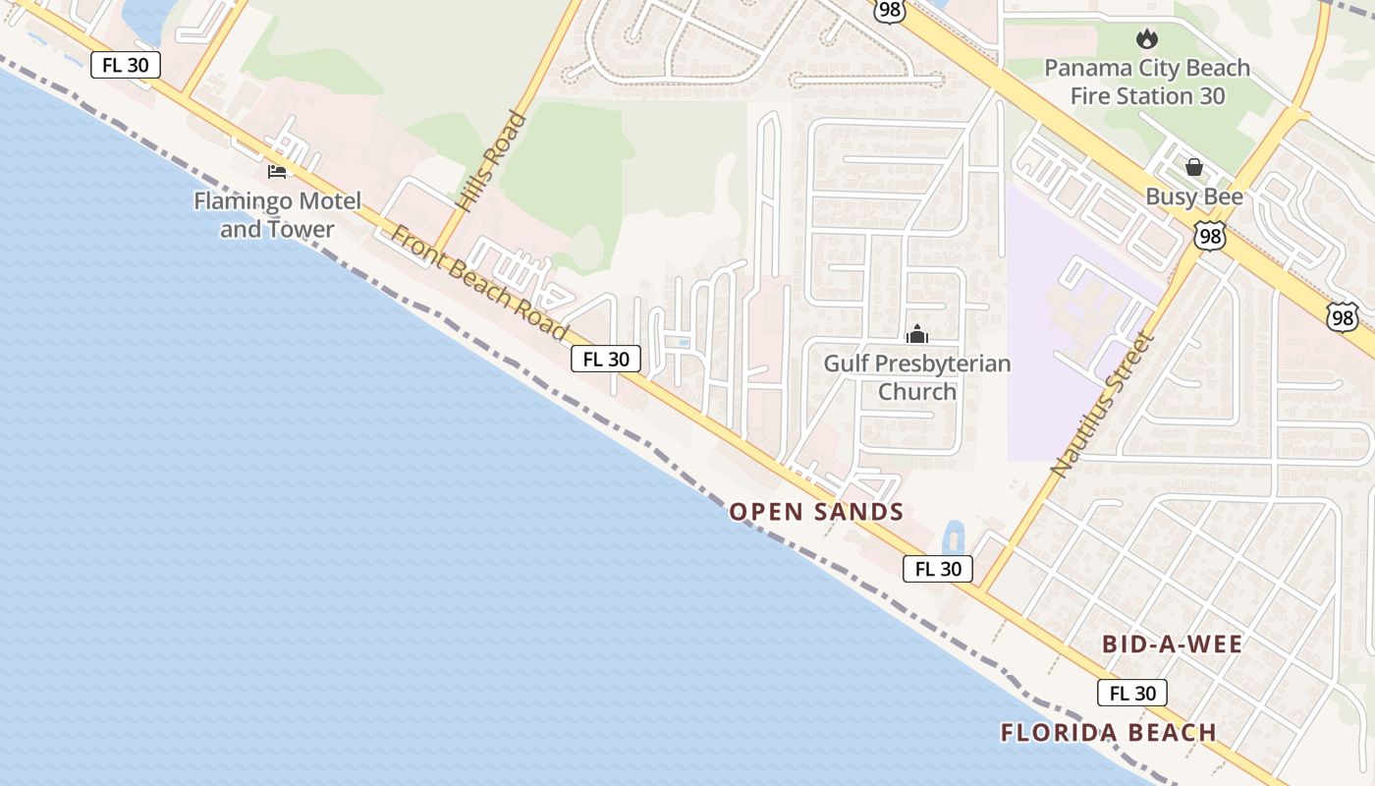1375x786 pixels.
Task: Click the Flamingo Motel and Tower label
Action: pos(277,215)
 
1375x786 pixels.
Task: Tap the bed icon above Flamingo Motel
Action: pos(277,172)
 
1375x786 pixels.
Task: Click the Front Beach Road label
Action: pos(479,282)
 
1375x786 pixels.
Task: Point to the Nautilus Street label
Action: pos(1102,404)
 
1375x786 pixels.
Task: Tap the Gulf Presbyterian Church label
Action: pos(916,377)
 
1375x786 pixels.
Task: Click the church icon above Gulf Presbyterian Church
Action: pos(917,335)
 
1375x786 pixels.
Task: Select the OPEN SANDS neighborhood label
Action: pos(816,511)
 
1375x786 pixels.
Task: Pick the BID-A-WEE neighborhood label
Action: pos(1173,645)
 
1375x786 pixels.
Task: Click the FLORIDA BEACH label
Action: pos(1109,732)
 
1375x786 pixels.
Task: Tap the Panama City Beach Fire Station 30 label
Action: pos(1147,82)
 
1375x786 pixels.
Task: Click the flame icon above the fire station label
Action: pos(1146,39)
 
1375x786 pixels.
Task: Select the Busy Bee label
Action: pos(1194,196)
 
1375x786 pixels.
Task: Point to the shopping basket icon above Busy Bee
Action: pos(1194,167)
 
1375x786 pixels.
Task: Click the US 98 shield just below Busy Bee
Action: pos(1210,236)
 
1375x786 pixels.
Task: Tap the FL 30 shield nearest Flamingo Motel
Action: pos(126,65)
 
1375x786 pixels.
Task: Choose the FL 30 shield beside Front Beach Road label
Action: pos(606,359)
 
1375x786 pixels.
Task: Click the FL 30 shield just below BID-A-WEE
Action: pos(1132,693)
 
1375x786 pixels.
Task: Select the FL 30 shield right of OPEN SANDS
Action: pos(938,568)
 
